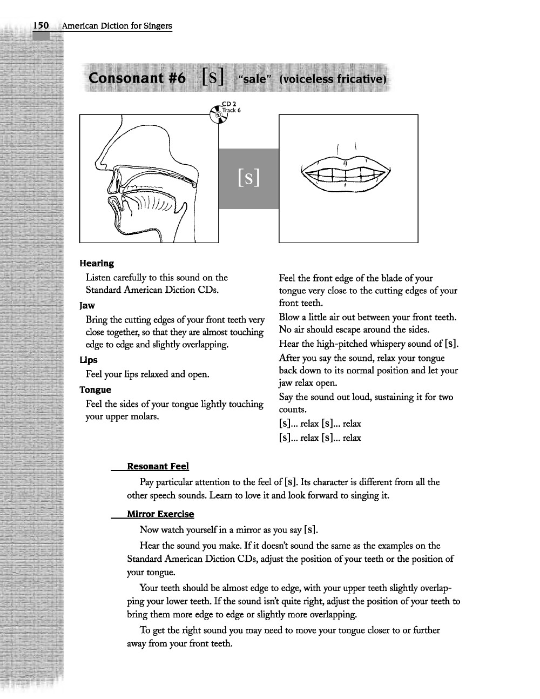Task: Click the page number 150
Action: (x=41, y=25)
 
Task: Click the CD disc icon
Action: (x=218, y=115)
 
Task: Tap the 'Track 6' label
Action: (x=232, y=110)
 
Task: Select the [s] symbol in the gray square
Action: (x=248, y=178)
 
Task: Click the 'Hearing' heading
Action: (x=97, y=264)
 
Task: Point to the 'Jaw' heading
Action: (x=87, y=305)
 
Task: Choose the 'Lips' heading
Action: (x=89, y=360)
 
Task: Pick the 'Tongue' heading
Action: (x=95, y=389)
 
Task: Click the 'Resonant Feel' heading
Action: (x=158, y=466)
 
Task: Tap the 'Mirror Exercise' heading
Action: (x=160, y=514)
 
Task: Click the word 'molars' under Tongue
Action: (x=146, y=417)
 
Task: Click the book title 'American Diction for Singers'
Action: (x=117, y=26)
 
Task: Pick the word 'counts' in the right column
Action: (x=292, y=409)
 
